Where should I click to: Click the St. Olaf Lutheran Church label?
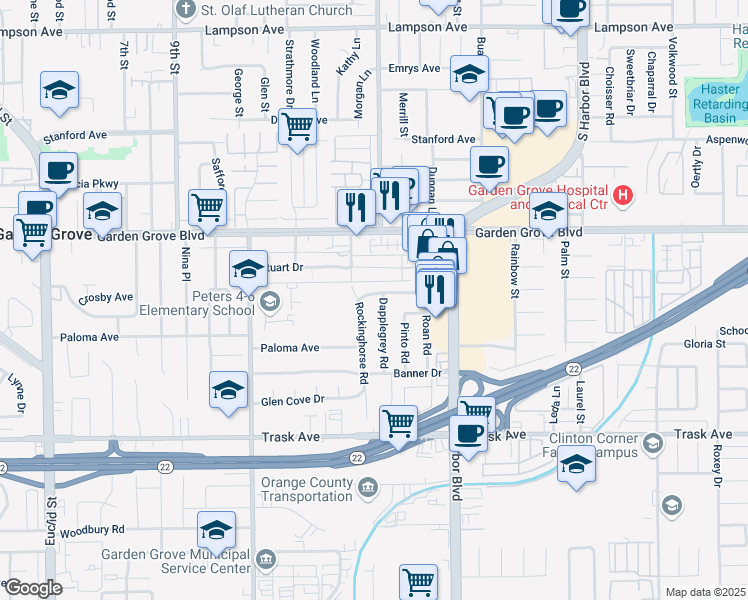[275, 10]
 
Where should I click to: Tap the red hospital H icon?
[624, 193]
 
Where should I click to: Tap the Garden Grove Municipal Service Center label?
[175, 561]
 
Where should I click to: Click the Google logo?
[32, 588]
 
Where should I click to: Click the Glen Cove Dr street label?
[293, 399]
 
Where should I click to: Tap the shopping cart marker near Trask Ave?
[399, 422]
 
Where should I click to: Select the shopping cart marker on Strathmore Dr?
[297, 126]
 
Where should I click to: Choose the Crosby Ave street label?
[106, 297]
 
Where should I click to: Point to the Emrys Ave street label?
[415, 69]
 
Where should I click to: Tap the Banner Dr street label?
[417, 373]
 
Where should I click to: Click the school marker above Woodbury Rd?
[216, 529]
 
